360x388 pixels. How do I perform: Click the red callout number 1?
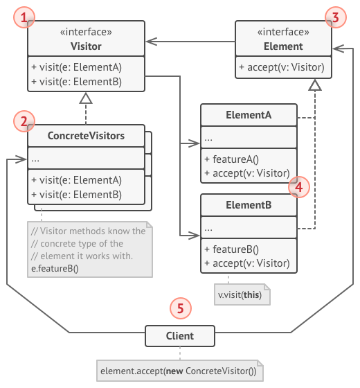click(x=26, y=17)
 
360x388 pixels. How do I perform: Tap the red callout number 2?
click(x=25, y=122)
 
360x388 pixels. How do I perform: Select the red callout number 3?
click(x=335, y=17)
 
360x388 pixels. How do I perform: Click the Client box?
click(x=179, y=337)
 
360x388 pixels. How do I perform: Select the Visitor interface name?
click(x=86, y=46)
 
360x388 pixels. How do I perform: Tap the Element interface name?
click(x=284, y=46)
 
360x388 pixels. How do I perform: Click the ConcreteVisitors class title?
click(x=86, y=136)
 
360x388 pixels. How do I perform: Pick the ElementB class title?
click(x=249, y=206)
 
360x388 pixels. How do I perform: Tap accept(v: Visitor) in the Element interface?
click(x=284, y=67)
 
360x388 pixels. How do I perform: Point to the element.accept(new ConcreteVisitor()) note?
click(x=178, y=371)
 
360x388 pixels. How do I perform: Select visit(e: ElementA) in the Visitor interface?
click(x=78, y=67)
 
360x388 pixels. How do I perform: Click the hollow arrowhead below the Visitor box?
click(x=86, y=99)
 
